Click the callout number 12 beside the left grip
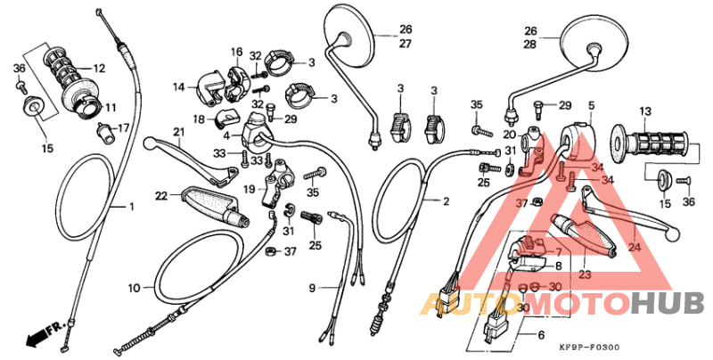[98, 68]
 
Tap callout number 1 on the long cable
[131, 207]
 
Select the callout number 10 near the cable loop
[134, 288]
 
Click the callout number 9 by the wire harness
[313, 288]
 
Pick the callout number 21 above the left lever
[178, 133]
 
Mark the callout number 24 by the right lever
[635, 247]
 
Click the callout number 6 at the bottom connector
[540, 335]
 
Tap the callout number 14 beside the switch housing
[178, 86]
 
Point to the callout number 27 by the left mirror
[381, 44]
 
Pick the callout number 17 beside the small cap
[124, 127]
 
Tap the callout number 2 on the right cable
[446, 201]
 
